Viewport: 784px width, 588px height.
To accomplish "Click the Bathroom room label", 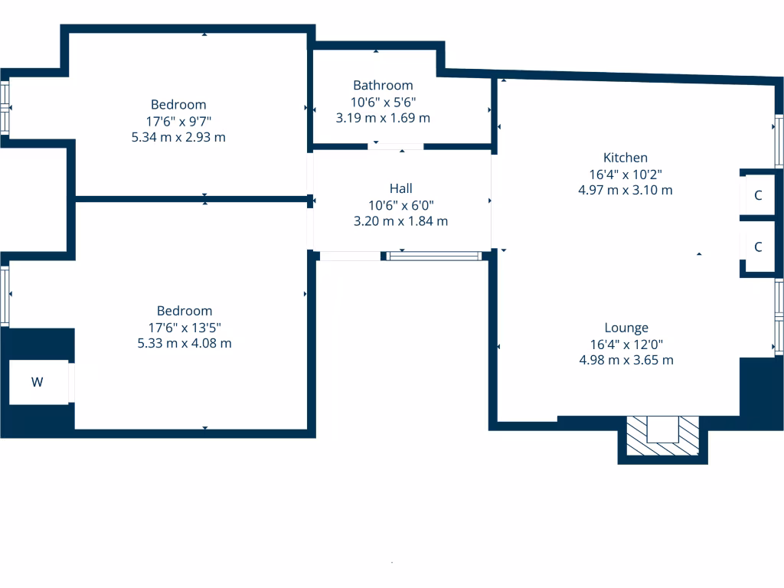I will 383,85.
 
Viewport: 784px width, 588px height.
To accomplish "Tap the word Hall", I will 400,188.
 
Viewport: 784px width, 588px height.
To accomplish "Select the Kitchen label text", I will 625,158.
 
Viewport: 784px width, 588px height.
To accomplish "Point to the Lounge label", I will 626,328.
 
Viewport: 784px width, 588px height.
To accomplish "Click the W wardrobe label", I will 37,382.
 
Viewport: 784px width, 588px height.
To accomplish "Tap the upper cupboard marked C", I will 758,195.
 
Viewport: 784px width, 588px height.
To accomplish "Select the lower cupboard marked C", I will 758,247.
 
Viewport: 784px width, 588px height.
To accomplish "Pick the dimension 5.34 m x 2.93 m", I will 178,137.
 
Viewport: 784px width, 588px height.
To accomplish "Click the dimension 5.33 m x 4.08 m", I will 185,343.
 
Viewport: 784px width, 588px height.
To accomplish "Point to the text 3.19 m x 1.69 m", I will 383,118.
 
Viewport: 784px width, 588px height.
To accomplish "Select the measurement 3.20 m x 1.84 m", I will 400,221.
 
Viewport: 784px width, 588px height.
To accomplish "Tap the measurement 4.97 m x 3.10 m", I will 625,190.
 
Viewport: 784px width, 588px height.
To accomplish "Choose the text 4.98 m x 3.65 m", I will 626,360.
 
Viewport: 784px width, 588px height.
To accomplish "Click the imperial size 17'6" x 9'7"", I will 178,121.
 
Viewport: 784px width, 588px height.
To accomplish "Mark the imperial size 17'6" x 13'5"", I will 185,327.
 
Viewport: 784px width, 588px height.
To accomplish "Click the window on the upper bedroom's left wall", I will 5,108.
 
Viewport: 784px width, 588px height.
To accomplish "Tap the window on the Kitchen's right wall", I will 779,141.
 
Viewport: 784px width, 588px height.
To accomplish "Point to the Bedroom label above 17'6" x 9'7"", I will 178,105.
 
